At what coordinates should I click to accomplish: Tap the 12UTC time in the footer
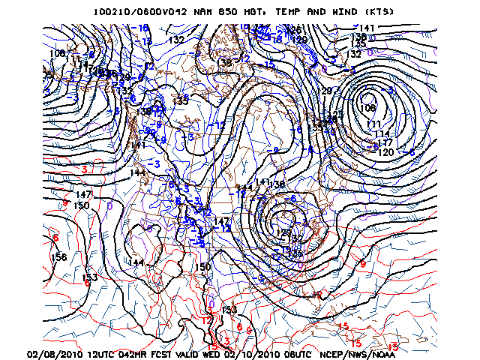(x=106, y=353)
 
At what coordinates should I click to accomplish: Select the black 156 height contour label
(x=58, y=257)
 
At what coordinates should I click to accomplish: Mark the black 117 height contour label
(x=384, y=142)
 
